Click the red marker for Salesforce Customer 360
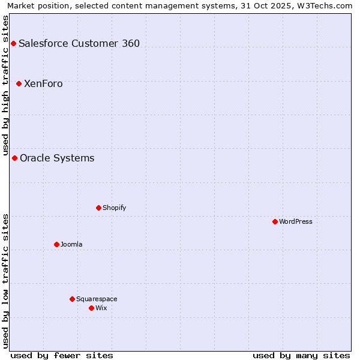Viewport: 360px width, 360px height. [13, 43]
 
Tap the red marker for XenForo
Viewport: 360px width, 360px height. [19, 83]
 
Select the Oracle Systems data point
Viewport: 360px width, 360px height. [14, 158]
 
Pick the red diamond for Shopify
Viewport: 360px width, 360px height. [98, 208]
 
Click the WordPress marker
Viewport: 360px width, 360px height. [275, 221]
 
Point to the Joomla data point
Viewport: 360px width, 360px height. [56, 244]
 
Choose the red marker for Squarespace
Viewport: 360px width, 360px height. [72, 299]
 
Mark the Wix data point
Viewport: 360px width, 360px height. [91, 308]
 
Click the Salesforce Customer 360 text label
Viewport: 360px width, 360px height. [79, 43]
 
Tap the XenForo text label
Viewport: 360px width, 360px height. [43, 83]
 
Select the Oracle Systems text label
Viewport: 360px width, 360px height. [57, 158]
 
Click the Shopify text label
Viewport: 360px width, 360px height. [114, 208]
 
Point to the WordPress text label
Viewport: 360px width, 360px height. [296, 221]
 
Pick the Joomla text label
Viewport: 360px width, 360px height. [71, 244]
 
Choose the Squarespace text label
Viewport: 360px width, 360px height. [97, 299]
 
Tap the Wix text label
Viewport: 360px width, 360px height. [101, 308]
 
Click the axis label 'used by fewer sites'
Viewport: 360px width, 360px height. [62, 355]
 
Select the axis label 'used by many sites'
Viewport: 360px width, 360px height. [301, 355]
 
